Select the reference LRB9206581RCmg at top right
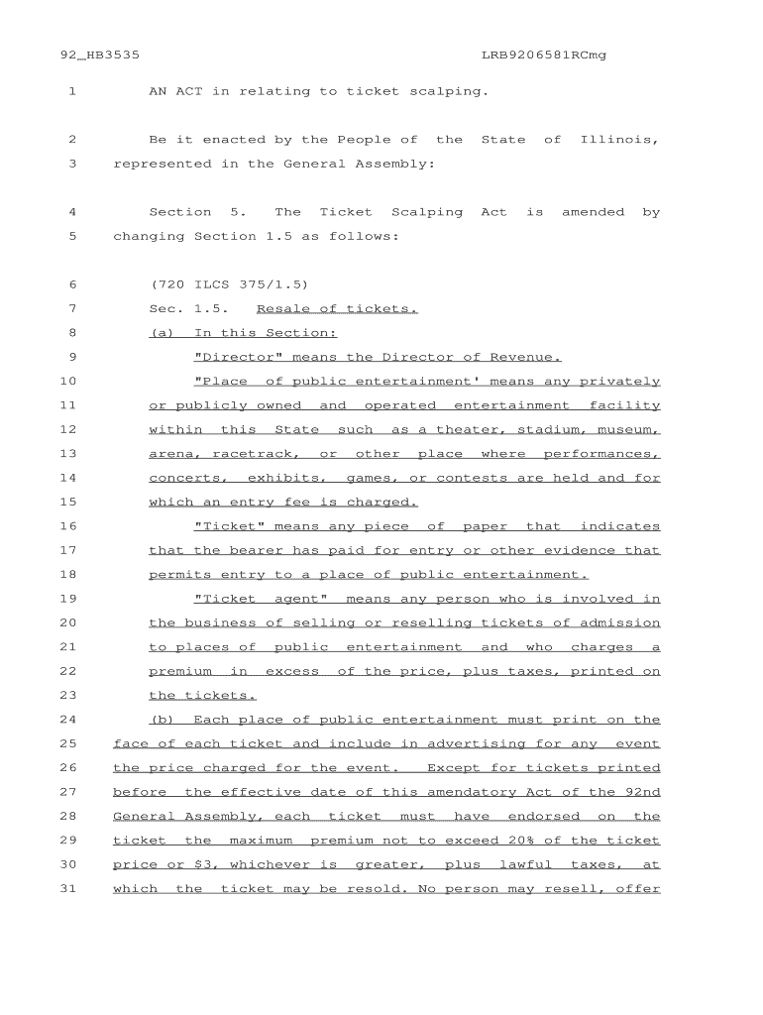(543, 56)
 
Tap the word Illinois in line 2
(619, 140)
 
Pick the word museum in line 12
(628, 429)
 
